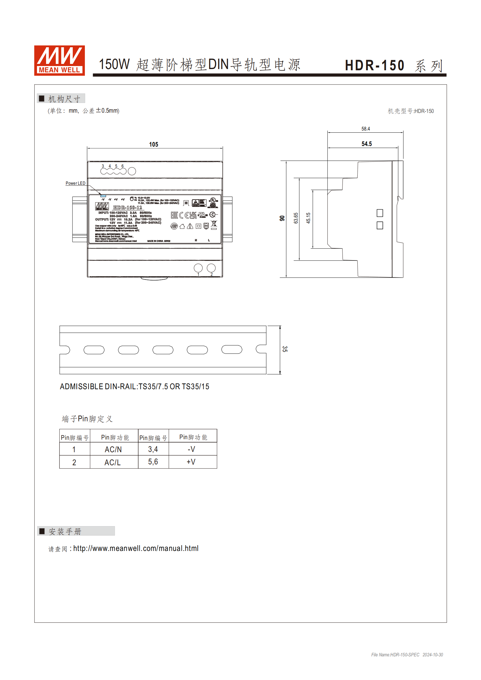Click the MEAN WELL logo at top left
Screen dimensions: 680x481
coord(59,60)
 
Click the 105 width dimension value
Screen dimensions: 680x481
coord(154,144)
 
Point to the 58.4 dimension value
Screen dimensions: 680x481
coord(366,129)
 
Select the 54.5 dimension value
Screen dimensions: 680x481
coord(366,144)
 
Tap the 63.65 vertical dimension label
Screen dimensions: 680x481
coord(296,218)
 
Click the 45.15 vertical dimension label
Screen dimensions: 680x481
coord(308,218)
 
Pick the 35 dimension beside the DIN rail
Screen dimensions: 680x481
coord(285,349)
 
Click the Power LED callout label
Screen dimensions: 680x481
coord(75,183)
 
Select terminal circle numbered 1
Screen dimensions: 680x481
coord(198,268)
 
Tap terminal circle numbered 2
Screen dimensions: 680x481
coord(211,268)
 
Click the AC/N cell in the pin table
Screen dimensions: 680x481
coord(113,449)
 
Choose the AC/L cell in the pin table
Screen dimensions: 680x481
coord(112,463)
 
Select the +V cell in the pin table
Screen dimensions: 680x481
coord(191,462)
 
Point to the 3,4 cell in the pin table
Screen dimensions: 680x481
coord(153,449)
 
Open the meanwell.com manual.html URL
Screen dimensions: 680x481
coord(136,549)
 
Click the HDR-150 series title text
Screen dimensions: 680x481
coord(375,65)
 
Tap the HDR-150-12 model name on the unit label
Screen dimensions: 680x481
coord(128,207)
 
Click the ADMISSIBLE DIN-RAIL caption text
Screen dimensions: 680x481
coord(135,386)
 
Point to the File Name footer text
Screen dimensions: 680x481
coord(407,655)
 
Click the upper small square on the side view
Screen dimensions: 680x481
coord(380,213)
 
